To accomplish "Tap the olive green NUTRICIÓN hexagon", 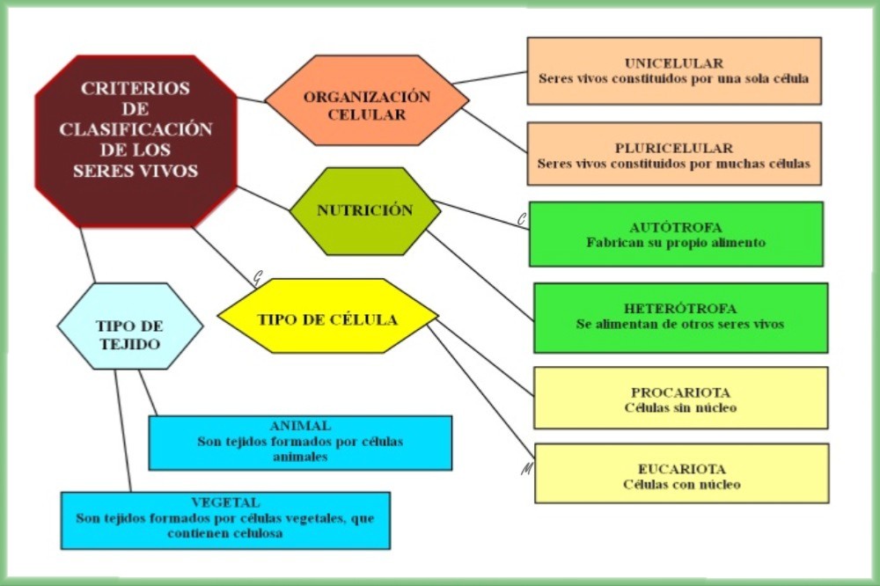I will pos(364,211).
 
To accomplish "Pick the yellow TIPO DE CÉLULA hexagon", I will pos(327,319).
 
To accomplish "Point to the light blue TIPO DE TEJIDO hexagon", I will pos(129,326).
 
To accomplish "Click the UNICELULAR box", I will pos(674,70).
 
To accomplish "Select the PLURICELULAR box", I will pos(674,154).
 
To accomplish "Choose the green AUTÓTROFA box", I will pos(676,233).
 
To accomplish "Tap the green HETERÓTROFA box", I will pos(680,317).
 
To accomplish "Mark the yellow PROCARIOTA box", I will pos(680,398).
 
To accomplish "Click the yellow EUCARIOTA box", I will pos(681,473).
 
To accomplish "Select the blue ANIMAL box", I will pos(300,442).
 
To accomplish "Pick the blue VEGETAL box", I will pos(225,519).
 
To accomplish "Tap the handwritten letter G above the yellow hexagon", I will pos(257,278).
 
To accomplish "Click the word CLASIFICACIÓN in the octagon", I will pos(136,129).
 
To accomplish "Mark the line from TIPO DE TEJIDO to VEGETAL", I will pos(123,431).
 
